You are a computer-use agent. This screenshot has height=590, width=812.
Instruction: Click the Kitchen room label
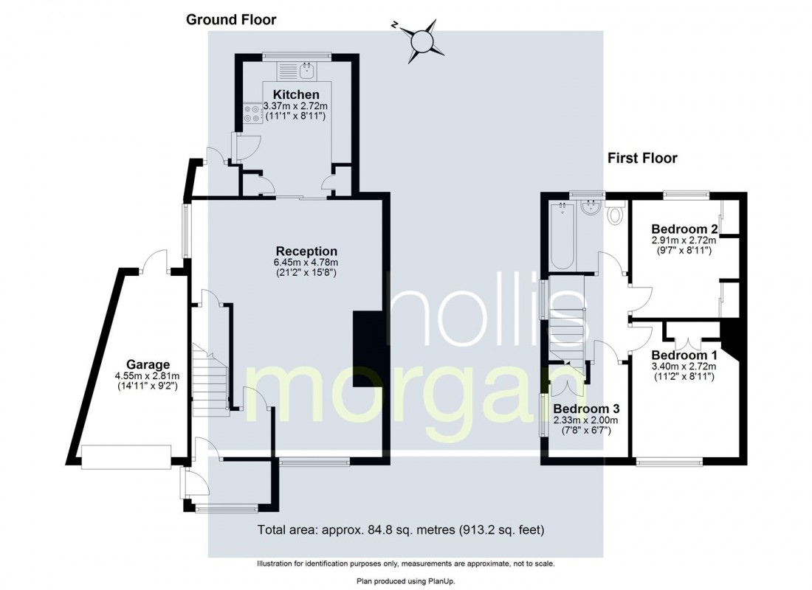[296, 94]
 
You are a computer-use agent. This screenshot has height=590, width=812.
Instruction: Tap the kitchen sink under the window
[308, 70]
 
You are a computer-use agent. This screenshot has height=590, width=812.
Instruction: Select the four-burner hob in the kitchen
[252, 114]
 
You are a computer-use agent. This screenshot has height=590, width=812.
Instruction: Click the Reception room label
[306, 251]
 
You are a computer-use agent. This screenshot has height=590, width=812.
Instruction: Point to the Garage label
[148, 364]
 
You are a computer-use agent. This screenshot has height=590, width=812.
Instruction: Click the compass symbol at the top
[422, 41]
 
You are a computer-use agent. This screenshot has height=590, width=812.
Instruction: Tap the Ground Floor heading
[231, 20]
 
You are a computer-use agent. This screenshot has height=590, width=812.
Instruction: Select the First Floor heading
[642, 158]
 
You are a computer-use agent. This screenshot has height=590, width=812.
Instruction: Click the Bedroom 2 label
[684, 229]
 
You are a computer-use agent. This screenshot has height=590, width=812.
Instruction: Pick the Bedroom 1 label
[684, 355]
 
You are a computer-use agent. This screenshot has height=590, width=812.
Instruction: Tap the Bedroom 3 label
[586, 409]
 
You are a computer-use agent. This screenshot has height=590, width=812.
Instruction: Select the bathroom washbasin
[591, 208]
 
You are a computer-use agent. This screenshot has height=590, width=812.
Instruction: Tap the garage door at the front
[125, 457]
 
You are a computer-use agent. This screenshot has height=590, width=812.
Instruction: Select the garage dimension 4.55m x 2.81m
[148, 375]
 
